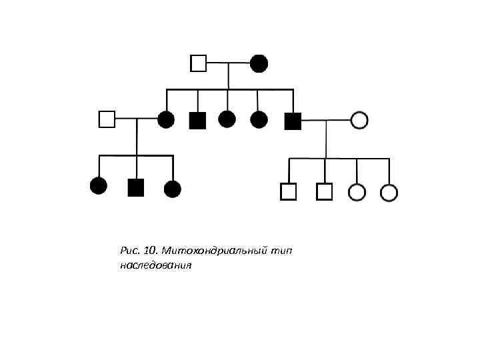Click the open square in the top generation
click(x=198, y=63)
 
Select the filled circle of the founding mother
click(x=259, y=63)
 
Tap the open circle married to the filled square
click(x=359, y=120)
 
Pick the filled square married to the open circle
click(x=293, y=120)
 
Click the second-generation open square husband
click(x=107, y=119)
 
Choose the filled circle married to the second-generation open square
click(x=166, y=120)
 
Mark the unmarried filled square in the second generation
click(x=198, y=120)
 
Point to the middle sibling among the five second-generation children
click(x=227, y=119)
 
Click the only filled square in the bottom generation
click(x=136, y=188)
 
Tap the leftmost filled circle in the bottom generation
click(x=99, y=186)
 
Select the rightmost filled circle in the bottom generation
click(x=173, y=189)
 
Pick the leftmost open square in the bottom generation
click(x=288, y=192)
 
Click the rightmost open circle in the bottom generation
click(x=389, y=193)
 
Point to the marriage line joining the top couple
click(x=228, y=63)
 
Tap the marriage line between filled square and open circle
click(x=326, y=120)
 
